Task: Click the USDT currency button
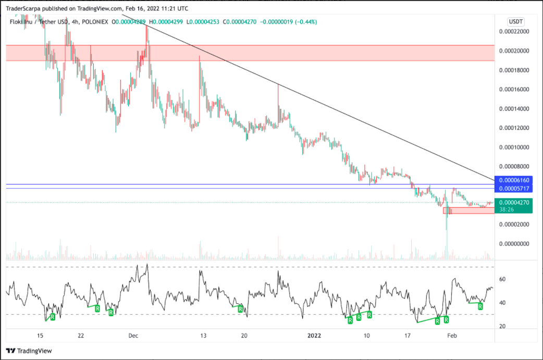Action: (x=516, y=21)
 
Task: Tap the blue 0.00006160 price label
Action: (x=514, y=180)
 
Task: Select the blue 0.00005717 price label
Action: (x=514, y=188)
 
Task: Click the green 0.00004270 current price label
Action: (x=514, y=202)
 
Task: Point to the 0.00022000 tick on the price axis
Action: (x=514, y=32)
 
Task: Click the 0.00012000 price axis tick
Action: (x=514, y=128)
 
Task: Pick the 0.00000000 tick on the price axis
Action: (x=514, y=244)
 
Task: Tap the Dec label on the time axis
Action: (x=133, y=336)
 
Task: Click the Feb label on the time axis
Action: (x=452, y=336)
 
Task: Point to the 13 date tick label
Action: (x=203, y=336)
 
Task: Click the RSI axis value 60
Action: (x=503, y=279)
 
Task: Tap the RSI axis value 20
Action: (x=503, y=327)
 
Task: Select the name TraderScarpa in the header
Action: (x=23, y=8)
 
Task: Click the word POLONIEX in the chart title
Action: (x=95, y=22)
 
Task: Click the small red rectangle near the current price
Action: (x=468, y=210)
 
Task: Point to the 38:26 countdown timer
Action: (x=507, y=209)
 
